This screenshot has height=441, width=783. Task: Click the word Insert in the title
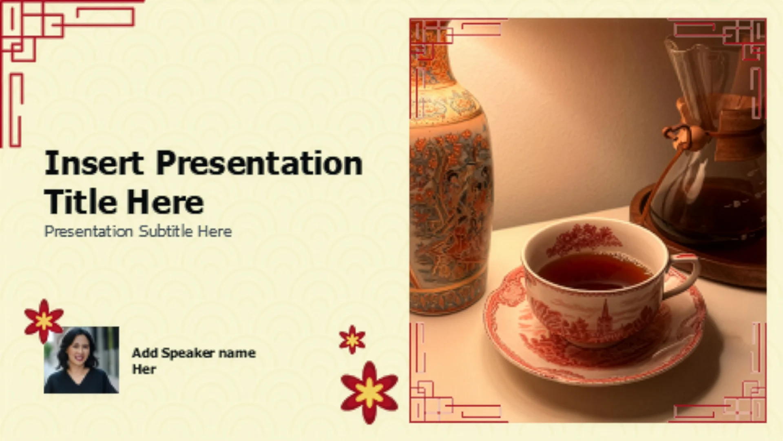[x=94, y=163]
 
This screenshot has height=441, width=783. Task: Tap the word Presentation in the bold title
[x=259, y=163]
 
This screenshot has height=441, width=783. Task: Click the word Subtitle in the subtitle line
[x=166, y=231]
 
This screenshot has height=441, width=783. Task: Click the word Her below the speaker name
[x=144, y=369]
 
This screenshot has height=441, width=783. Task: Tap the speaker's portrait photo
[x=82, y=360]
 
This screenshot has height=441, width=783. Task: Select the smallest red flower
[x=352, y=339]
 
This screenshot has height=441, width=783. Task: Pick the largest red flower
[x=369, y=392]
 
